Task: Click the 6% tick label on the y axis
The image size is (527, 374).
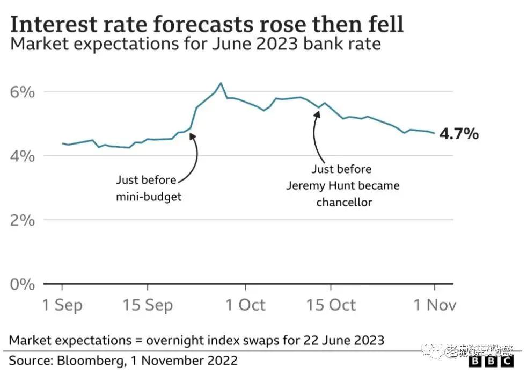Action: [x=23, y=92]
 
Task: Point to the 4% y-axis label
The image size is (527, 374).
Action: [x=23, y=156]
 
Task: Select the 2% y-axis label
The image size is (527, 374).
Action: [x=23, y=220]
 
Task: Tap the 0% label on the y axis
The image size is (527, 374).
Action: [x=23, y=284]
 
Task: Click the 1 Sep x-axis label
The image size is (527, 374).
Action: [x=62, y=305]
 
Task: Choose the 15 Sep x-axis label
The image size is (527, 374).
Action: [x=148, y=305]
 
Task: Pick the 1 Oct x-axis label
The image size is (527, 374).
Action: [x=245, y=305]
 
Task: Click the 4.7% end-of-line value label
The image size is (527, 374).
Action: [x=459, y=134]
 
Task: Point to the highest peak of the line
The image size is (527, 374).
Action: [x=221, y=83]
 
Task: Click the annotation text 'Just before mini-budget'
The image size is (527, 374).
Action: [x=149, y=188]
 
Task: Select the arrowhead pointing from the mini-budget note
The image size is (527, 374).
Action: [x=192, y=135]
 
